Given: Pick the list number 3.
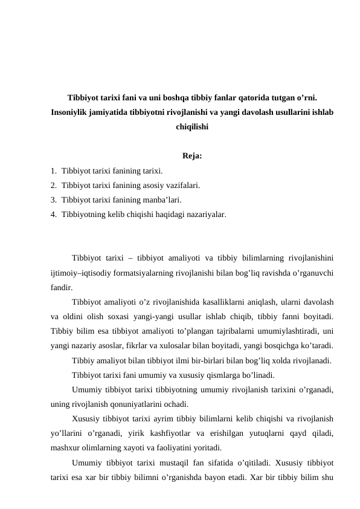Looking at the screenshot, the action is tap(54, 199).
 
